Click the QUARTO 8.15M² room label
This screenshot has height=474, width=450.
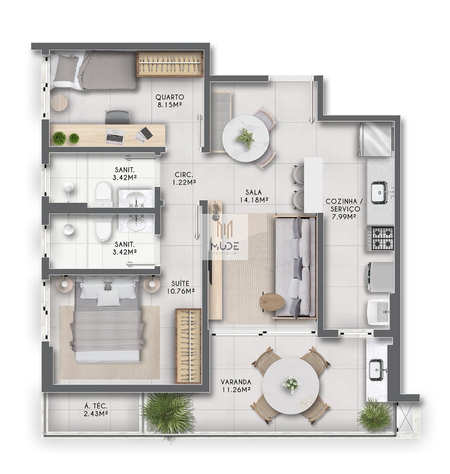point(169,101)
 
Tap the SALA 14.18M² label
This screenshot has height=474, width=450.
point(254,196)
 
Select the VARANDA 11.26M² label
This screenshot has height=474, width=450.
point(236,386)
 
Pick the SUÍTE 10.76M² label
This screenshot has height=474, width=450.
point(180,287)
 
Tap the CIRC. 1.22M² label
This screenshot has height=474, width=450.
point(184,178)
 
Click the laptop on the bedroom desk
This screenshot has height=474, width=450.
point(115,136)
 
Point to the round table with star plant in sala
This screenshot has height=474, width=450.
point(245,137)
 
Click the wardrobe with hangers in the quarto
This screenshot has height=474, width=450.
point(170,63)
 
